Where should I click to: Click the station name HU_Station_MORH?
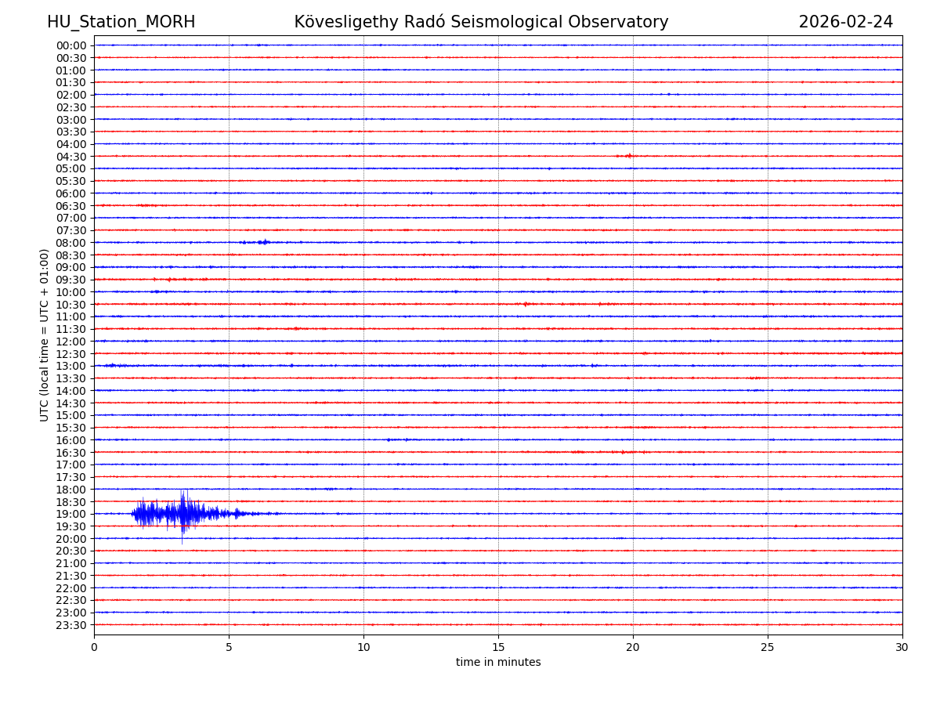[121, 22]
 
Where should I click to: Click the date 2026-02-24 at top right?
[845, 22]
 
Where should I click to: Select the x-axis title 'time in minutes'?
[498, 663]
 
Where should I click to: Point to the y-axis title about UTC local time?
[45, 334]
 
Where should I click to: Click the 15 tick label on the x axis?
[498, 648]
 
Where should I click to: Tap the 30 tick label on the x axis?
[902, 648]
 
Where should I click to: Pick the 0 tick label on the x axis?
[94, 648]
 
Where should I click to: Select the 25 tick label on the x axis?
[768, 648]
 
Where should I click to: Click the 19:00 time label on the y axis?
[71, 514]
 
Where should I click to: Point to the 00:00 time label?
[71, 45]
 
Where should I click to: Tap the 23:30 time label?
[71, 625]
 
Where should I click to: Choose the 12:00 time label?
[71, 342]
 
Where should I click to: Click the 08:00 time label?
[71, 243]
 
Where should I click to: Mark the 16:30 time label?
[71, 453]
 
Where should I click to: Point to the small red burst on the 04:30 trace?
[627, 156]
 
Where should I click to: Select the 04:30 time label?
[71, 157]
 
